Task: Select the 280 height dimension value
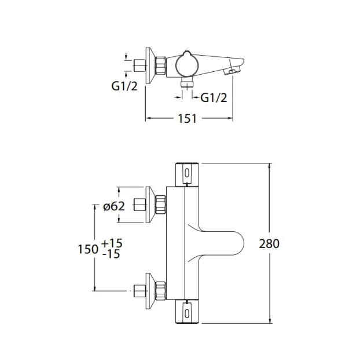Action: (x=270, y=243)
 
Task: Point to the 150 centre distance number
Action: (x=87, y=249)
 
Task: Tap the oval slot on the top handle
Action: (x=188, y=172)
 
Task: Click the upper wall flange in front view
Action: (x=151, y=205)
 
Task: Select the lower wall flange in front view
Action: (x=151, y=289)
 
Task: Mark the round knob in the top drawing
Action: (x=187, y=63)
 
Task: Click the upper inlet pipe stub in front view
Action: (x=139, y=205)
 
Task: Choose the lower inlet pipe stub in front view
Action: (x=139, y=289)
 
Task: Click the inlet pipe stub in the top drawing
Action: (x=139, y=64)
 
